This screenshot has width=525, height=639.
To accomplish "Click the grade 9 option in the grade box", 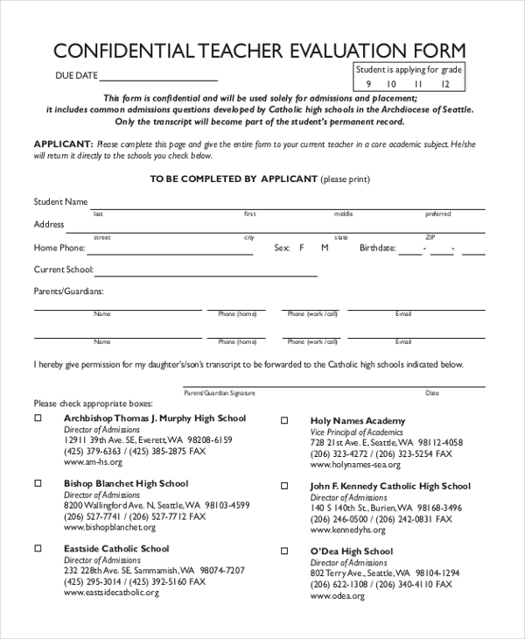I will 368,84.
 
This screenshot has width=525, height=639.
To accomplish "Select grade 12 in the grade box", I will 445,84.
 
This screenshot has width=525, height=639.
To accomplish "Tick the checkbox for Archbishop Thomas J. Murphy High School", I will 38,418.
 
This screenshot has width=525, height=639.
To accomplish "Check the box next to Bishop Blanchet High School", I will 38,483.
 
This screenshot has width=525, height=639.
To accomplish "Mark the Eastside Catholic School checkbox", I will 38,549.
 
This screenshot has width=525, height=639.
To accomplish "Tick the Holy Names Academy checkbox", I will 284,421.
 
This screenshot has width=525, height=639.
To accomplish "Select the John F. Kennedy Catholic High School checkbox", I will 284,486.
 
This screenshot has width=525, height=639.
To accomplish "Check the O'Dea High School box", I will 284,551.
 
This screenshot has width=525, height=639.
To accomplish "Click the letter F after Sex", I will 302,249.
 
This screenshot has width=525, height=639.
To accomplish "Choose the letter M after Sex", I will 325,249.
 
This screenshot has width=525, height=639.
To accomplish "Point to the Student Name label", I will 60,202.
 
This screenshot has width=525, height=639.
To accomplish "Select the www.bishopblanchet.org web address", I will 109,528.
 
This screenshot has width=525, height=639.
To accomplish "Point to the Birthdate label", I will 377,249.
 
